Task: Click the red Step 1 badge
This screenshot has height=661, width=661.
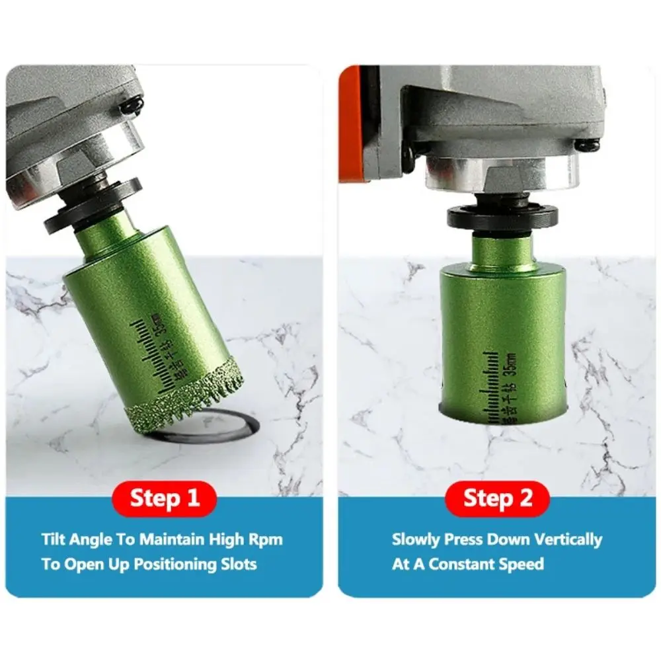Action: pyautogui.click(x=165, y=498)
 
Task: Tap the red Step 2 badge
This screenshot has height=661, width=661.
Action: pyautogui.click(x=497, y=498)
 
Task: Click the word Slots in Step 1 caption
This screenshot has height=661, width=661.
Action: pyautogui.click(x=236, y=564)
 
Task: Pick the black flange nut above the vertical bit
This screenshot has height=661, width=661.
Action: pyautogui.click(x=502, y=217)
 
